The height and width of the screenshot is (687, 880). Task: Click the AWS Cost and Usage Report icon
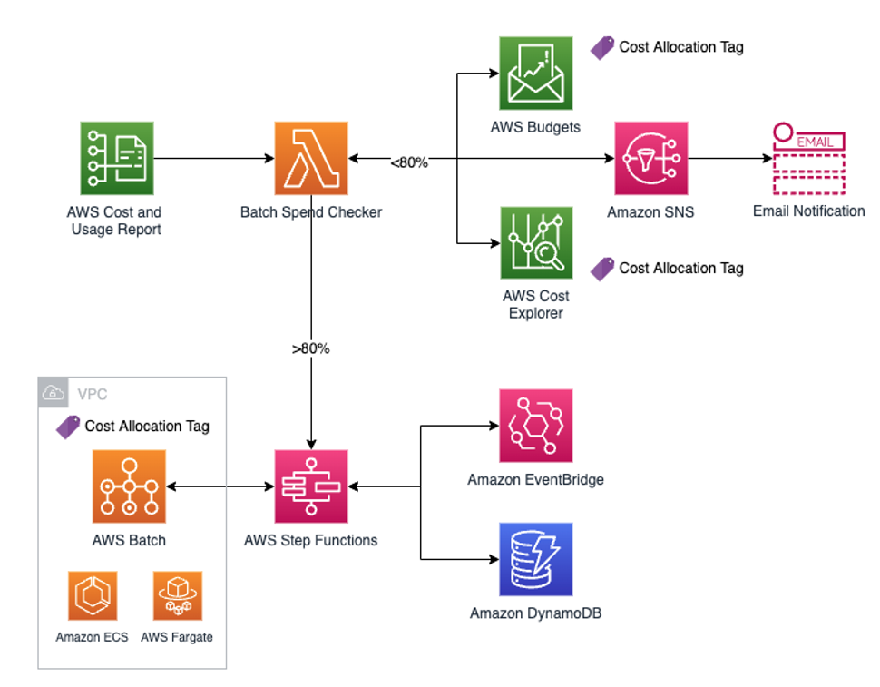pos(116,159)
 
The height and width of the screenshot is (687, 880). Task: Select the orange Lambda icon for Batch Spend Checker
pos(311,159)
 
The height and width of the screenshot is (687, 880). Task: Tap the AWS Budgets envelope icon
pos(535,74)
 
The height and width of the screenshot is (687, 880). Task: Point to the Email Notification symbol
pos(808,161)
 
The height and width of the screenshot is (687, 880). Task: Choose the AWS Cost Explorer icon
pos(535,242)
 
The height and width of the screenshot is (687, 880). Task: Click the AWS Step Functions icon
pos(311,487)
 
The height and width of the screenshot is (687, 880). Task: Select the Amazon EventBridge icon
pos(535,426)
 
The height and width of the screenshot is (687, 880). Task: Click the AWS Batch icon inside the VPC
pos(129,487)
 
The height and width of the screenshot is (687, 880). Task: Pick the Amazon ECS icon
pos(93,595)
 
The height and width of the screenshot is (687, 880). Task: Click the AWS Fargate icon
pos(177,595)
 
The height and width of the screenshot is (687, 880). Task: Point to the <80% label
pos(409,162)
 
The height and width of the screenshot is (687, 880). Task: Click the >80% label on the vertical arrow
pos(311,348)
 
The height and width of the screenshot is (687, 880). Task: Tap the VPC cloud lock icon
pos(54,393)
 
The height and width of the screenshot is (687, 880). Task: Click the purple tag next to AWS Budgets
pos(602,48)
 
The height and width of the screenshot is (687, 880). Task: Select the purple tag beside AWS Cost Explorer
pos(602,269)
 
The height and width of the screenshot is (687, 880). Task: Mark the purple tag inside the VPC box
pos(68,427)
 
